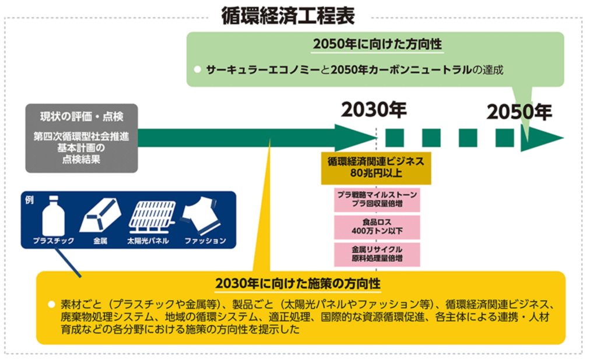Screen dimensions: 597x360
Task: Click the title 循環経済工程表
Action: click(x=288, y=16)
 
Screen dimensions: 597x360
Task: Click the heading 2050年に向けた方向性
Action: click(x=377, y=44)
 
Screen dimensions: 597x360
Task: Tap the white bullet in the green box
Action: click(x=197, y=69)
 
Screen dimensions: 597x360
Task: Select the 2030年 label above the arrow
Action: click(x=374, y=110)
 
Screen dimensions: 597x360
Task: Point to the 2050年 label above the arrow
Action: click(x=519, y=112)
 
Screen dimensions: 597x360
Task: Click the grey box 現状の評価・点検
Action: click(x=82, y=138)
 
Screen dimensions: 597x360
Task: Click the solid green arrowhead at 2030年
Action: click(x=356, y=137)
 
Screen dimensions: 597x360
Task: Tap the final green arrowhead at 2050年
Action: click(x=542, y=137)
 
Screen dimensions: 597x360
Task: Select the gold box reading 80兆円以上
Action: click(x=376, y=168)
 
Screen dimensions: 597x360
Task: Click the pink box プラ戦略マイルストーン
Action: click(x=377, y=199)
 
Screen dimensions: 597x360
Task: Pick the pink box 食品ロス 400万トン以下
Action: click(x=377, y=227)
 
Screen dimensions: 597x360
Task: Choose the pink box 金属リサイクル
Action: click(x=377, y=254)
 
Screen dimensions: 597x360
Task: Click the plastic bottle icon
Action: click(x=53, y=216)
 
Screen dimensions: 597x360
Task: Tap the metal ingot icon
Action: click(x=100, y=216)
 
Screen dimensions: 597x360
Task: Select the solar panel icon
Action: click(x=152, y=217)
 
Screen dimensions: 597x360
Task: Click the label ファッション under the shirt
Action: click(x=205, y=241)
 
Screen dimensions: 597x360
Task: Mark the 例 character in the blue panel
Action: click(x=29, y=200)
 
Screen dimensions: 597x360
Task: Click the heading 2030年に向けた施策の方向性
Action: click(x=298, y=284)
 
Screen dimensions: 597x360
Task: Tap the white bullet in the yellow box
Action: click(x=52, y=305)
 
